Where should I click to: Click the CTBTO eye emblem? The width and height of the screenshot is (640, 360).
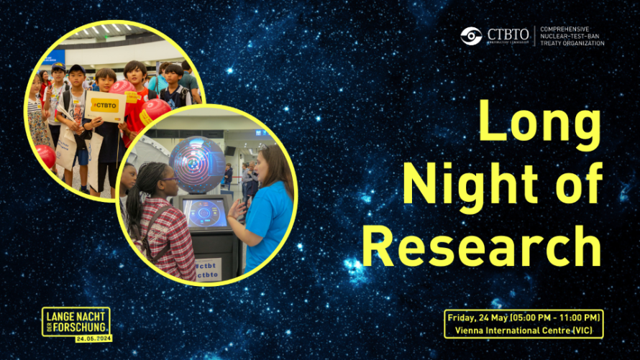471,36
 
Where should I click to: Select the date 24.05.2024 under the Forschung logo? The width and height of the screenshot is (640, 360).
94,338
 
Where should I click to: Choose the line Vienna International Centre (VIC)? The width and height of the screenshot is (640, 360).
523,331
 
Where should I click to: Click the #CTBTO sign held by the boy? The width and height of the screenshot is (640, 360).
105,105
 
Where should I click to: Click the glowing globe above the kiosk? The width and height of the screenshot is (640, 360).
197,164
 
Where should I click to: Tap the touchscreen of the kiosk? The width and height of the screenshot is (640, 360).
205,213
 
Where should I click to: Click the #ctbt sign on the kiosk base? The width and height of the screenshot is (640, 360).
208,263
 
